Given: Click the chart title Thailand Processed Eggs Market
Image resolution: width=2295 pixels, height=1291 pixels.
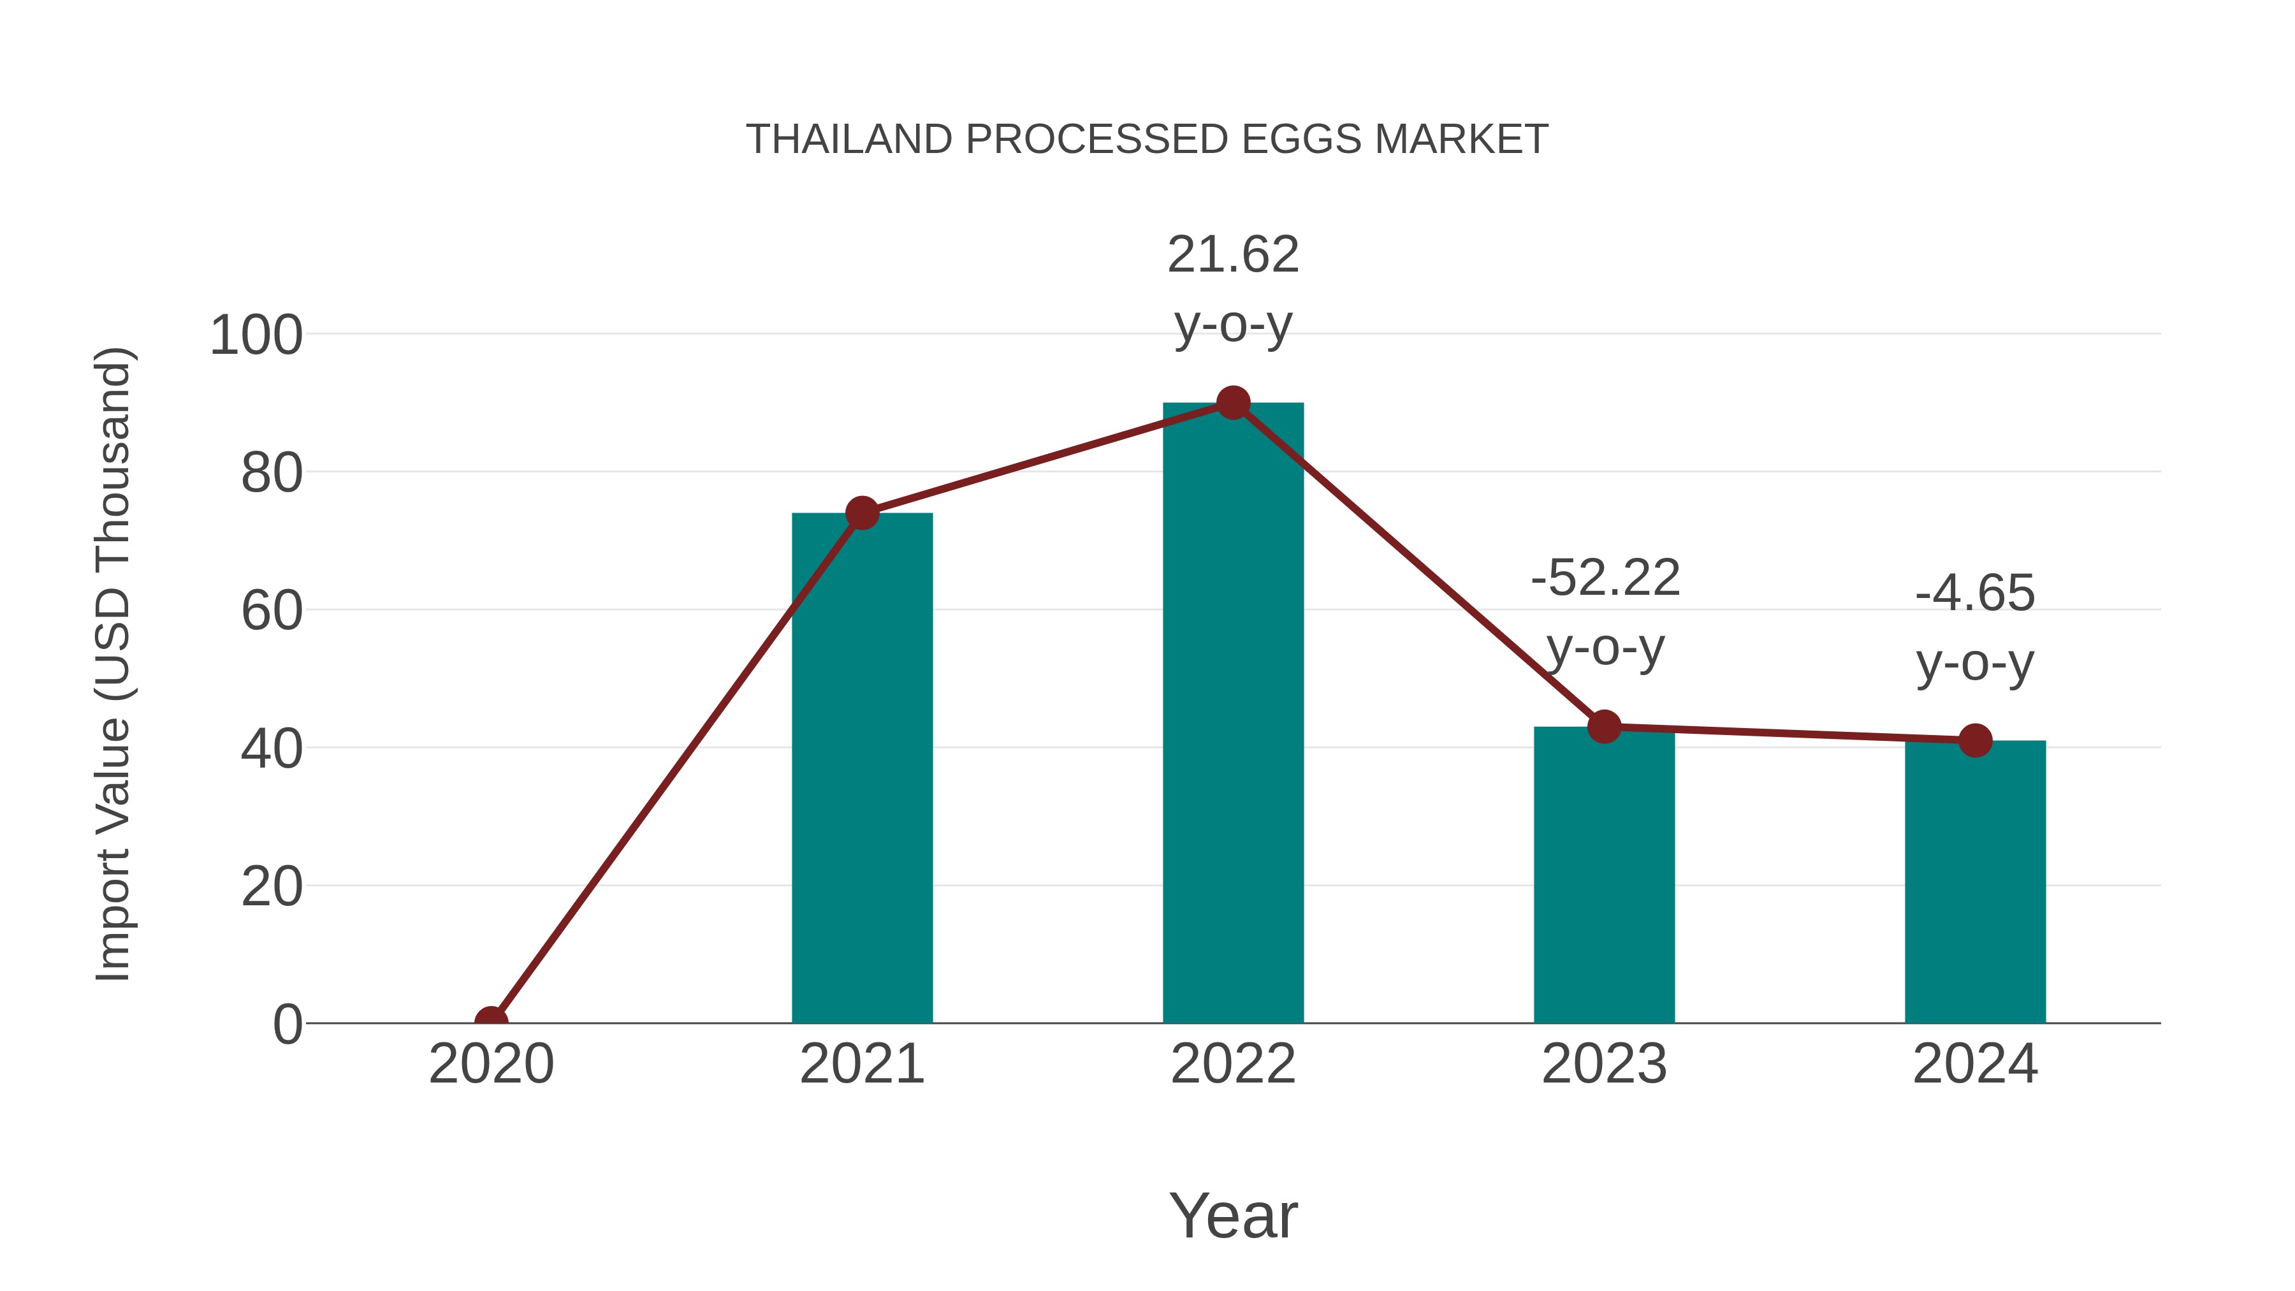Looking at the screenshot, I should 1147,140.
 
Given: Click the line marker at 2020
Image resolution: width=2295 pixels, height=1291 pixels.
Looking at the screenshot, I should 491,1021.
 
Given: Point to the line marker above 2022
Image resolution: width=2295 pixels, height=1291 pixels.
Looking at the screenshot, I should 1233,403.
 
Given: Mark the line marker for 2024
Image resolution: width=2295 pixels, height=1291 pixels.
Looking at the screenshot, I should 1975,740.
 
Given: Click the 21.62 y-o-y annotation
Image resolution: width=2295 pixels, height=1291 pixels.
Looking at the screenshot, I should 1233,289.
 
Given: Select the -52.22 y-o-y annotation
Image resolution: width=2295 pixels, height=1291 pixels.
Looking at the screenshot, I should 1605,612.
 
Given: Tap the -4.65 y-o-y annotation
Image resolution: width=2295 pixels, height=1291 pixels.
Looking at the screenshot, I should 1975,628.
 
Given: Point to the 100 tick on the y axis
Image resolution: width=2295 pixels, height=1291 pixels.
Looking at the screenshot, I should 256,336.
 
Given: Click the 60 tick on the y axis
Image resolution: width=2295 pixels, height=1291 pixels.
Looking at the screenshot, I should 271,611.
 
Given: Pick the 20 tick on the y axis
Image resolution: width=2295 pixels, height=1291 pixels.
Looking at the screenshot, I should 271,887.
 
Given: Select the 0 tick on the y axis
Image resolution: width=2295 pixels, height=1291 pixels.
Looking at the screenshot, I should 287,1024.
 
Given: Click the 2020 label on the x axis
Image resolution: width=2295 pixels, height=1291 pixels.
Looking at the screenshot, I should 491,1064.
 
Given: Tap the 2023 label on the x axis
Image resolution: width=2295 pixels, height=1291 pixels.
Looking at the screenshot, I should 1604,1064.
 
